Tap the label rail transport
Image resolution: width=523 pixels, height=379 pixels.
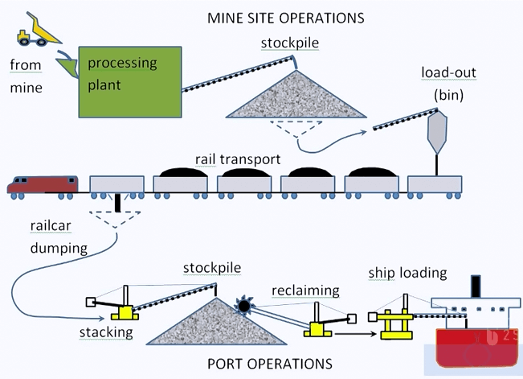click(237, 159)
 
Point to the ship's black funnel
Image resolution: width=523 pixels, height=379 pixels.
click(476, 286)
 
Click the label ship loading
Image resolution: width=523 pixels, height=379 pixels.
click(408, 274)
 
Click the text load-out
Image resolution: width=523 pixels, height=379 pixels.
click(447, 73)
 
